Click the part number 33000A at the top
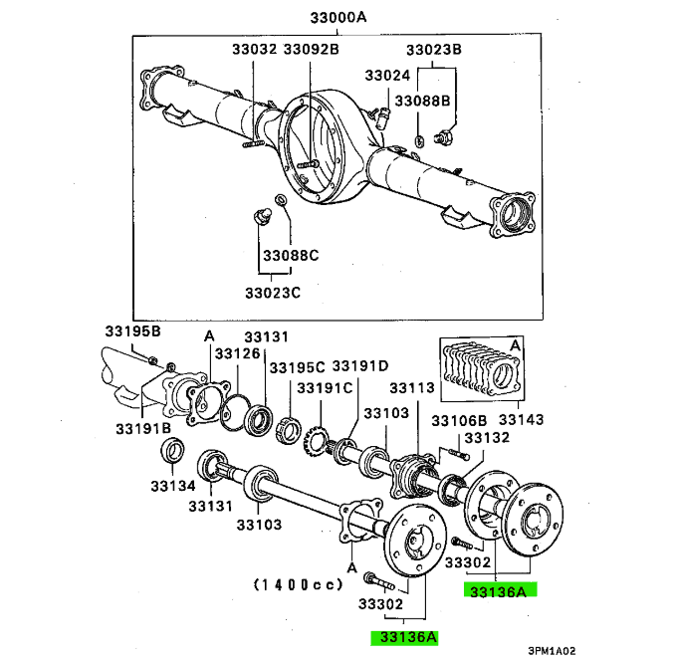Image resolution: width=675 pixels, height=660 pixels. click(x=337, y=18)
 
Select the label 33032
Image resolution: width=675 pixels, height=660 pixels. click(x=255, y=49)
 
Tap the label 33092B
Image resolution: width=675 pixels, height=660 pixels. click(x=312, y=49)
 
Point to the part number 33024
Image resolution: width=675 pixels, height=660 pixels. click(x=387, y=76)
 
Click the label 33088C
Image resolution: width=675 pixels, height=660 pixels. click(x=291, y=255)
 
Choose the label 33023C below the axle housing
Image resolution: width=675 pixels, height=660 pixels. click(x=273, y=293)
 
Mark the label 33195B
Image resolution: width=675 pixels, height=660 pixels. click(x=133, y=331)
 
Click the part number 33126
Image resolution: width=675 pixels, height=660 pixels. click(x=238, y=353)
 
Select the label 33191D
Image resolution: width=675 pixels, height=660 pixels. click(x=360, y=366)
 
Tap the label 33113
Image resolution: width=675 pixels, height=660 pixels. click(x=412, y=388)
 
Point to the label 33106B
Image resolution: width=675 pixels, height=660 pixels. click(x=459, y=421)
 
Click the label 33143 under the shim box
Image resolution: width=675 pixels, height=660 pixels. click(x=521, y=419)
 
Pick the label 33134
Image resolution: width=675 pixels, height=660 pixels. click(x=173, y=486)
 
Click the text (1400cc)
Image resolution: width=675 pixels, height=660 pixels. click(x=299, y=584)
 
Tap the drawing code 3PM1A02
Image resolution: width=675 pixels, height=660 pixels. click(x=552, y=651)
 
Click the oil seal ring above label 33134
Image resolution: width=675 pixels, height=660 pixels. click(x=173, y=450)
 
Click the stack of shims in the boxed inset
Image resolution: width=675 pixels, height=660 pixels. click(x=481, y=368)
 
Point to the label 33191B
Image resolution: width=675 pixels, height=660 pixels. click(x=143, y=428)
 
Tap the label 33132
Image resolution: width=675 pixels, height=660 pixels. click(x=487, y=438)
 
